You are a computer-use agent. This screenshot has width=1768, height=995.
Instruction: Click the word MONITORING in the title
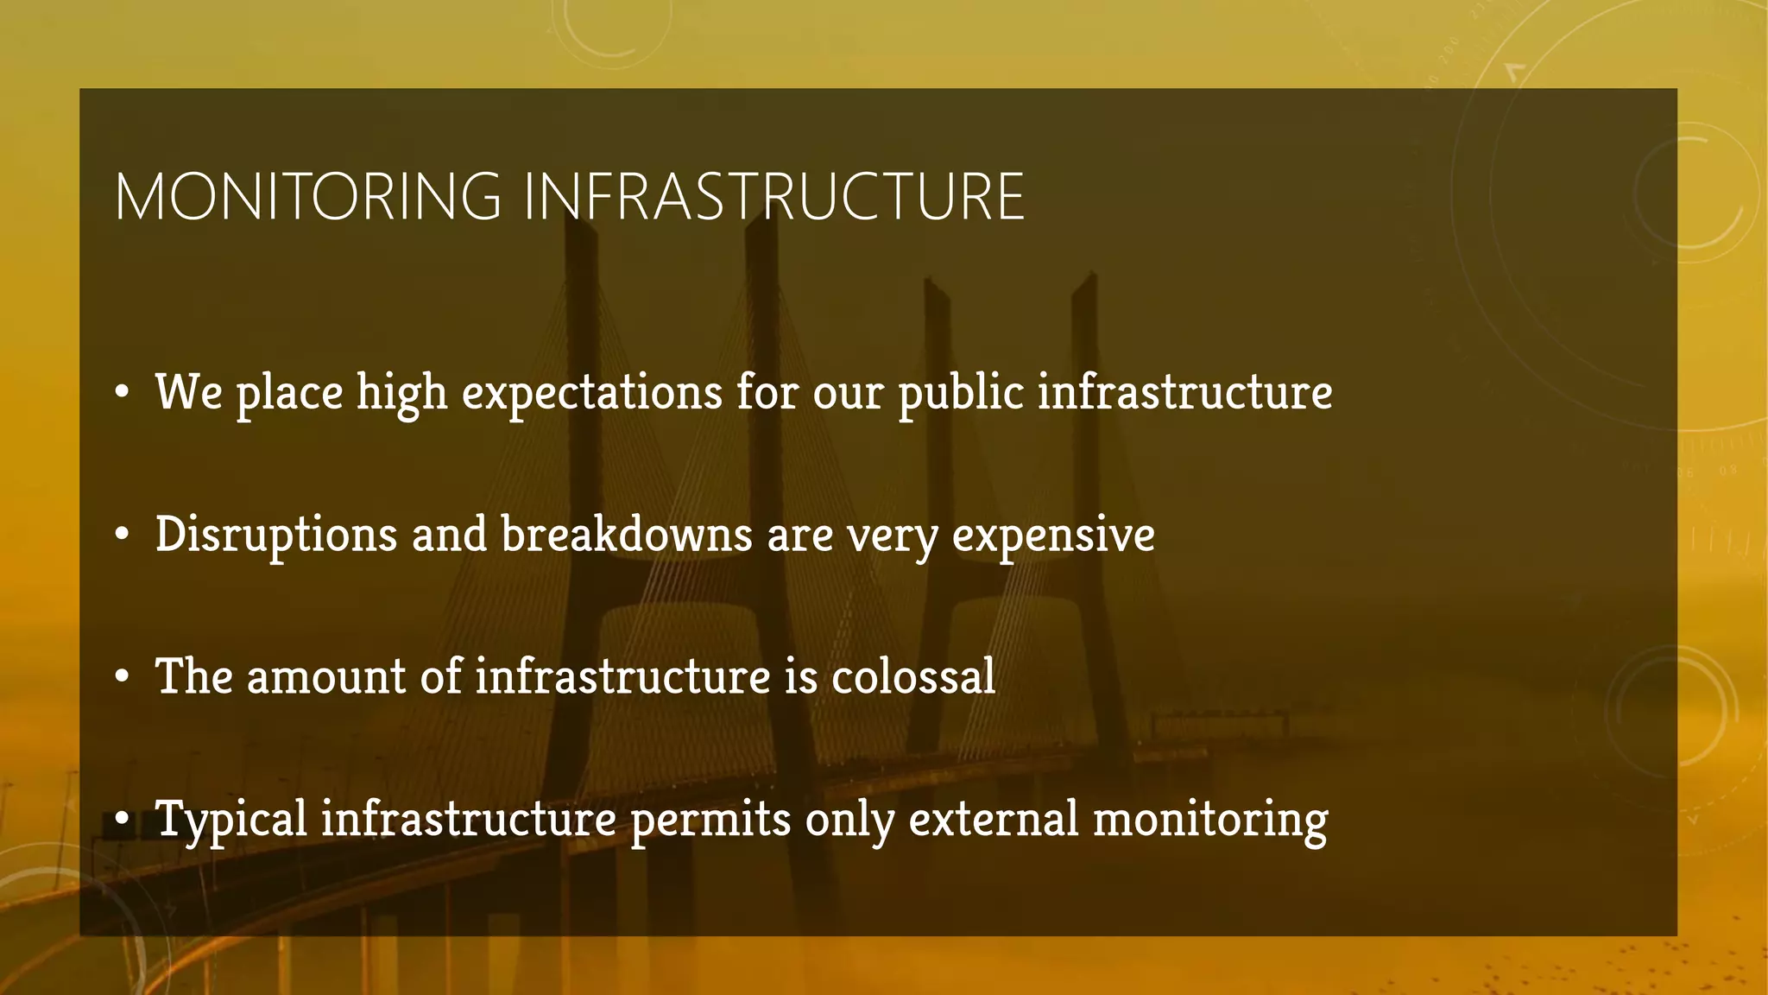308,197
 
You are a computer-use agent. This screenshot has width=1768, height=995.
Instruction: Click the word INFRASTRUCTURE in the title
773,197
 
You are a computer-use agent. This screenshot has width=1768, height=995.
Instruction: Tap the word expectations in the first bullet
591,393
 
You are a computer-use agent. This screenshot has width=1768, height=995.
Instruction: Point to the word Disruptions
276,535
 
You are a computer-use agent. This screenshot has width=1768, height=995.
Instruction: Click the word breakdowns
627,535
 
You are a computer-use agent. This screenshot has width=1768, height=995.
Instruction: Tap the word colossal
913,676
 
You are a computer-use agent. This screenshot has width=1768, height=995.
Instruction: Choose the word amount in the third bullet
326,676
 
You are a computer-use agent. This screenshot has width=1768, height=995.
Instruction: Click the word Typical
231,820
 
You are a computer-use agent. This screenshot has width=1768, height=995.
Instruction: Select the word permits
710,820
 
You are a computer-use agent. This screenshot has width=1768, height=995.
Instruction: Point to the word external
993,819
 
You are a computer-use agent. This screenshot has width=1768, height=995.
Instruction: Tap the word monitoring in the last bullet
1210,821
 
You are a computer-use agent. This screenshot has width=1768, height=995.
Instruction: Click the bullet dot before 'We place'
123,394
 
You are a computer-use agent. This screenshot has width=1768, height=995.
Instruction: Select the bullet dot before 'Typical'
123,820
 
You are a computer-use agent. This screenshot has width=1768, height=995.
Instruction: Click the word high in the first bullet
401,394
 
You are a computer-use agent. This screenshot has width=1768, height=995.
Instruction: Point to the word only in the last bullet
849,821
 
